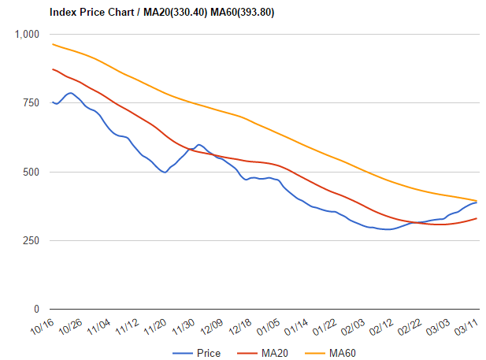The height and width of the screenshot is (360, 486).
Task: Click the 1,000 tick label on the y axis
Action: (x=28, y=35)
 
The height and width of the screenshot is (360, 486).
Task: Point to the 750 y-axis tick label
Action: (x=32, y=103)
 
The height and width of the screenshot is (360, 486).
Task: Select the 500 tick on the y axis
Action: (x=32, y=172)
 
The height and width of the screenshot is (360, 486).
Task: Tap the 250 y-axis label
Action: (x=32, y=240)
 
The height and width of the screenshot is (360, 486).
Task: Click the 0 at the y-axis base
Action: (x=37, y=309)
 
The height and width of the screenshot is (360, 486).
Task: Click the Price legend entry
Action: (x=208, y=352)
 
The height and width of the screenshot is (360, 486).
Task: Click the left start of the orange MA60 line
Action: (x=53, y=44)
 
